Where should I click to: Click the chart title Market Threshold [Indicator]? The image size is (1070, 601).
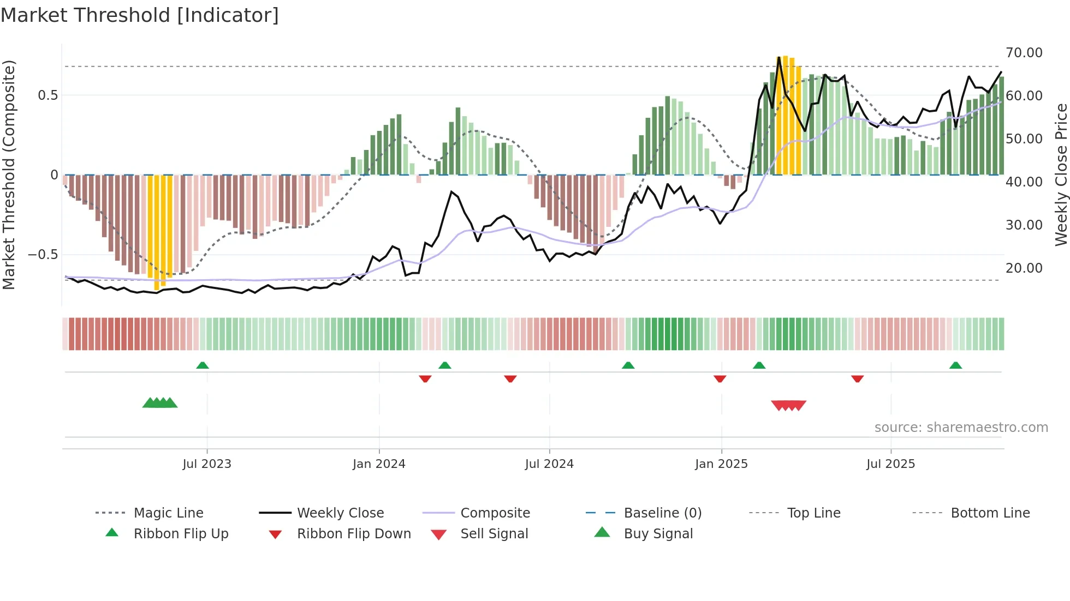coord(140,15)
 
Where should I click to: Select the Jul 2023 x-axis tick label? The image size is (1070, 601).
coord(207,464)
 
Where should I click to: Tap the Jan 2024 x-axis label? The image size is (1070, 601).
coord(379,464)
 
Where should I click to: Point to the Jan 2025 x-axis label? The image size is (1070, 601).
coord(721,464)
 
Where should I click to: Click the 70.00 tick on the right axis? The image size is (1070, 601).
coord(1024,53)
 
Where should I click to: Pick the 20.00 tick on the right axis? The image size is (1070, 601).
coord(1024,268)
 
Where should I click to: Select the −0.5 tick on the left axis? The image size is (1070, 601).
coord(43,255)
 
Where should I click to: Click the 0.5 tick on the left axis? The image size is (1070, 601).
coord(47,95)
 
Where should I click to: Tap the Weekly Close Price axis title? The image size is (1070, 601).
coord(1061,175)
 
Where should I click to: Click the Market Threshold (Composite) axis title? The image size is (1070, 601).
coord(9,175)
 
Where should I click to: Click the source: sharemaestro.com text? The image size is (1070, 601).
coord(961,428)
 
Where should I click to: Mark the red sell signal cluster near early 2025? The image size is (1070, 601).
coord(788,405)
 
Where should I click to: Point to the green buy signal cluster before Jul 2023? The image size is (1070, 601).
coord(160,403)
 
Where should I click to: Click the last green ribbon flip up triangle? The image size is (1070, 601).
coord(955,365)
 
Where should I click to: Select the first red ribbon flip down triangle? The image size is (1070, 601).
coord(425,378)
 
